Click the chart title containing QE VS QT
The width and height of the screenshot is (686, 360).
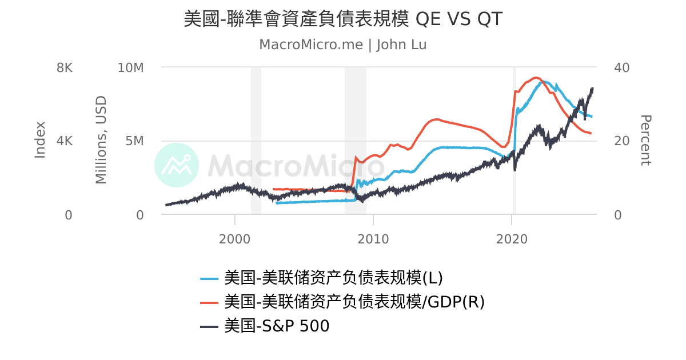click(343, 19)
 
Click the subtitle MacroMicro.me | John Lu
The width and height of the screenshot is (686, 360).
click(343, 45)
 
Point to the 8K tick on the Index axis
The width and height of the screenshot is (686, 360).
click(65, 67)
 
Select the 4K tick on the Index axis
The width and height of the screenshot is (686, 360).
click(65, 141)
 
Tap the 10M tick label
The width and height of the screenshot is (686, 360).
click(130, 67)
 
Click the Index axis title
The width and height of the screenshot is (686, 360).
click(40, 140)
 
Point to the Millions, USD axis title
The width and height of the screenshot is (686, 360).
click(101, 140)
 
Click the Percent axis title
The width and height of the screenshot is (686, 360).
click(645, 140)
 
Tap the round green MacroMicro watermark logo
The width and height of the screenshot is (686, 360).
click(177, 165)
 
